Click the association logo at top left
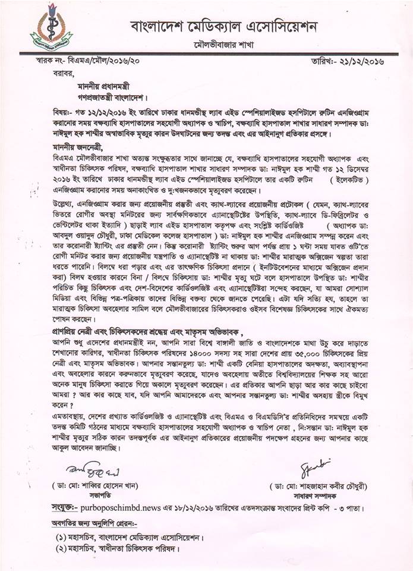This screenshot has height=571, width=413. coord(51,28)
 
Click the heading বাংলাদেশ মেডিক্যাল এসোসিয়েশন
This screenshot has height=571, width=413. coord(224,26)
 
